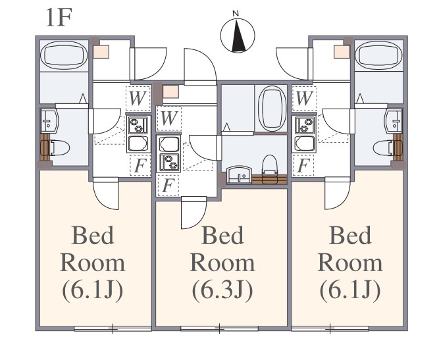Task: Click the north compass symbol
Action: tap(237, 35)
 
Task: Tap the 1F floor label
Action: tap(59, 17)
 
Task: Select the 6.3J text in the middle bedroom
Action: tap(222, 291)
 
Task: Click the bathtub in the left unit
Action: tap(64, 55)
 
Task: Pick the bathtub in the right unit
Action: tap(378, 55)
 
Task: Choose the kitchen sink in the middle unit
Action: tap(169, 143)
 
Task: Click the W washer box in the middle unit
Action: tap(169, 118)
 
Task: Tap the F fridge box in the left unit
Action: tap(140, 165)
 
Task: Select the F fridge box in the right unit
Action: tap(303, 165)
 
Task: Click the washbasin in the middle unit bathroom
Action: tap(240, 175)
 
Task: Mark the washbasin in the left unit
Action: tap(49, 121)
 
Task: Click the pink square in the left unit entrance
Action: tap(101, 51)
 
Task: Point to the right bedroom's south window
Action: tap(330, 328)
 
